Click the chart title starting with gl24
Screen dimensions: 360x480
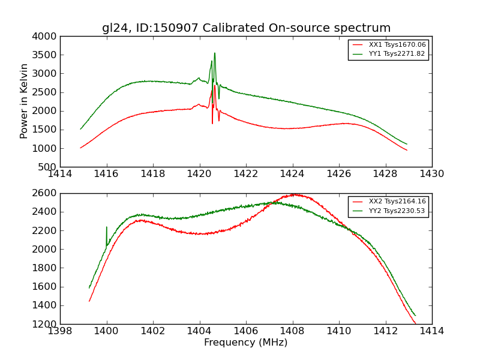[246, 28]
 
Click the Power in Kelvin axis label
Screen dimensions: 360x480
[25, 101]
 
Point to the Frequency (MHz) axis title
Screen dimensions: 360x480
[246, 343]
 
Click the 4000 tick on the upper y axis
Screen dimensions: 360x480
[46, 37]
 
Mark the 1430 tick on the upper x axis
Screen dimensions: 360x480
[432, 174]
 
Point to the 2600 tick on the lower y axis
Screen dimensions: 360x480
[46, 193]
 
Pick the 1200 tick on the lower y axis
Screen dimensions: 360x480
[46, 324]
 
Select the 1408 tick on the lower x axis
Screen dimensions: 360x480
[292, 331]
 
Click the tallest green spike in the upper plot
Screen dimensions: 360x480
[214, 53]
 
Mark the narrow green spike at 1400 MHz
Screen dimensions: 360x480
[107, 227]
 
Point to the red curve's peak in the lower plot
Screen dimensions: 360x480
[294, 194]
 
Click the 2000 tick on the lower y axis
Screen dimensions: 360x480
[46, 249]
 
